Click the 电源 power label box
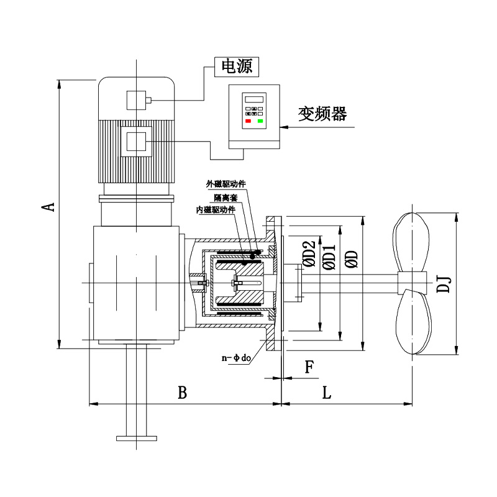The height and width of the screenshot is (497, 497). [x=236, y=66]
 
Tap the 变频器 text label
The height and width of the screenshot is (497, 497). [x=322, y=114]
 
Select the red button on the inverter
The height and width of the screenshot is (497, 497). [x=248, y=121]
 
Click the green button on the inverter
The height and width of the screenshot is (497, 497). [x=260, y=121]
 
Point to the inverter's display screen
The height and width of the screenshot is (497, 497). [x=254, y=99]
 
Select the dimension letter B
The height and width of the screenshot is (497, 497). [x=182, y=393]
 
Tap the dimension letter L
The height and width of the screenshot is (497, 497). [x=326, y=393]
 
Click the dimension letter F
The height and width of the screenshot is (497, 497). [x=309, y=367]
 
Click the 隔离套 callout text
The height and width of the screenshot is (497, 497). [x=226, y=197]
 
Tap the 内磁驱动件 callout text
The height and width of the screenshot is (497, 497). [x=216, y=210]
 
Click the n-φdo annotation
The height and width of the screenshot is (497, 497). [x=236, y=358]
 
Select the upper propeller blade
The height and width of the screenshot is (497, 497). [x=411, y=241]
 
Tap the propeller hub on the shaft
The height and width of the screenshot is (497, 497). [x=413, y=283]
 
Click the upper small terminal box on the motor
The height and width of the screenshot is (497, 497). [x=136, y=99]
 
